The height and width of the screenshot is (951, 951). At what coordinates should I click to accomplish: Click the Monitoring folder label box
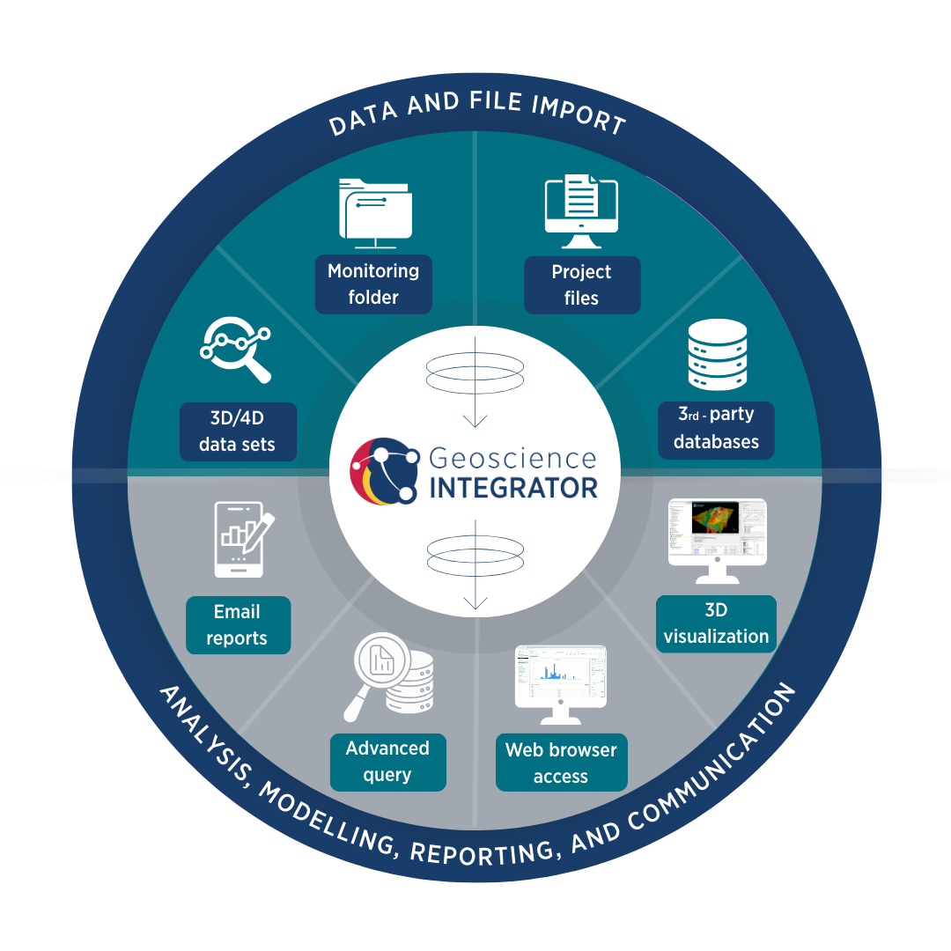[x=373, y=284]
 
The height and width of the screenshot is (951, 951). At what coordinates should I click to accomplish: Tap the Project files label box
[x=581, y=285]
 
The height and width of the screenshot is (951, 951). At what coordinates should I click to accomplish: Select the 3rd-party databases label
[x=716, y=429]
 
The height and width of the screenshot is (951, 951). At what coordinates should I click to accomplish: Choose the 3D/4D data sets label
[x=237, y=431]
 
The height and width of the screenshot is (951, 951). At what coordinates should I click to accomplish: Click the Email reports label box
[x=237, y=625]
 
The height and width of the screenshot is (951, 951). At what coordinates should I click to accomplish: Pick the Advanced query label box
[x=387, y=762]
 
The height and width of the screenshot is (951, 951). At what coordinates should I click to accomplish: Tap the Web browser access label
[x=561, y=763]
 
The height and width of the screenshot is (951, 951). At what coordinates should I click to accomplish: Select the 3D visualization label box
[x=716, y=623]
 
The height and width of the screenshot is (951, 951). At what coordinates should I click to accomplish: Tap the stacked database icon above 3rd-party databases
[x=716, y=355]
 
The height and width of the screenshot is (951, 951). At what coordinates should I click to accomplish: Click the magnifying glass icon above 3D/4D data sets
[x=236, y=350]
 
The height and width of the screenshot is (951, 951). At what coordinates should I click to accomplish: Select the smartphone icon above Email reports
[x=240, y=539]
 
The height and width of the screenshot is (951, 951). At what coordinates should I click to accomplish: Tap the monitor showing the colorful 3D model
[x=717, y=537]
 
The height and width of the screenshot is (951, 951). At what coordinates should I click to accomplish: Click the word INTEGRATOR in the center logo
[x=513, y=487]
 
